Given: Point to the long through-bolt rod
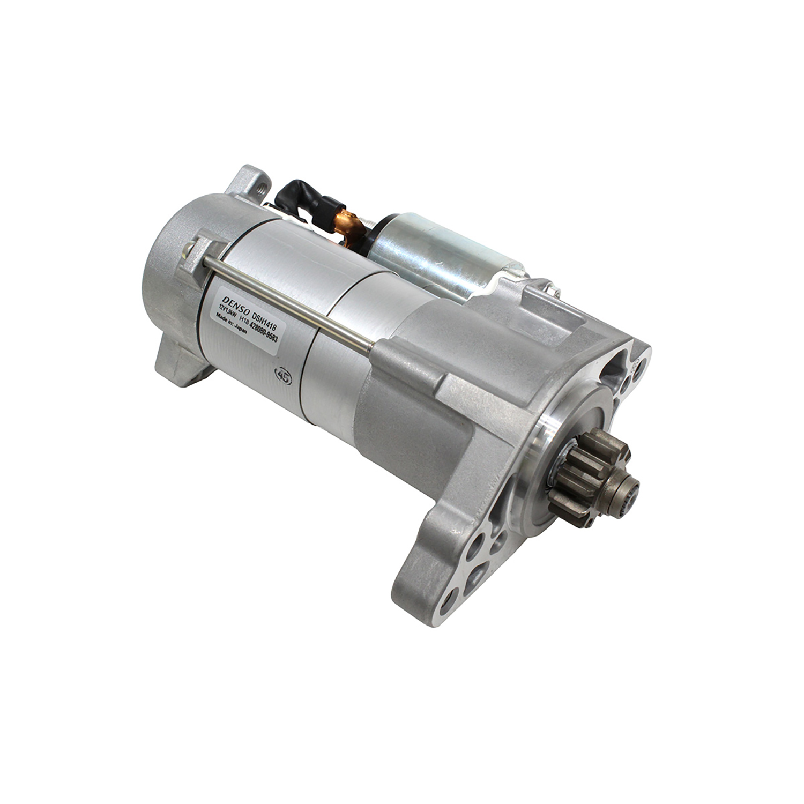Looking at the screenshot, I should [289, 300].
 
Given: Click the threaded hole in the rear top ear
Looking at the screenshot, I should [260, 189].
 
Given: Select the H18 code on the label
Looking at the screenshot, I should [244, 319].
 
